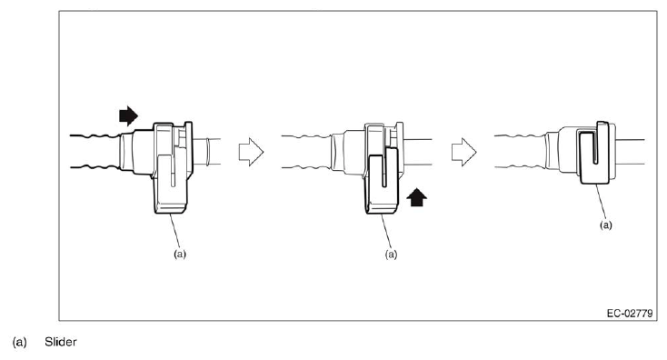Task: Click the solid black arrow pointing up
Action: click(x=416, y=195)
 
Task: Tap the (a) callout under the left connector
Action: click(x=180, y=255)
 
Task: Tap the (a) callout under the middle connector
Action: click(x=392, y=255)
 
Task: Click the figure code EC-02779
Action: click(x=631, y=312)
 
